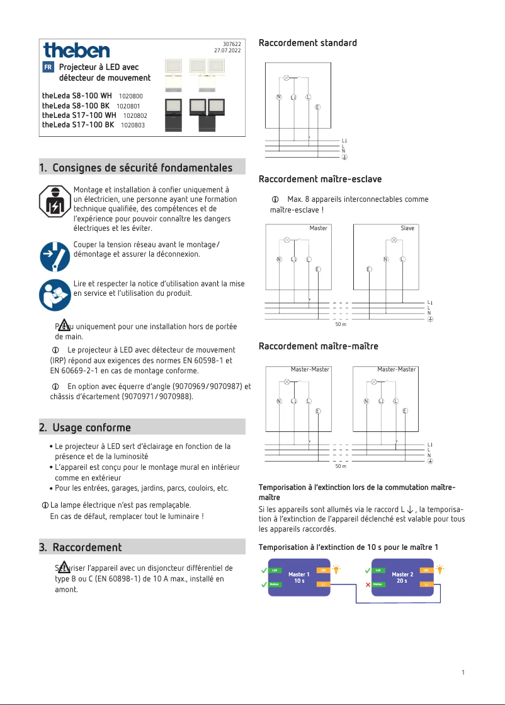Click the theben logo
point(76,50)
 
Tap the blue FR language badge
point(48,67)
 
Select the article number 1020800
point(130,96)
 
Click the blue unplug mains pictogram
point(55,255)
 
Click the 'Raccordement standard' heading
point(307,43)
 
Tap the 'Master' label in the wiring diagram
point(318,228)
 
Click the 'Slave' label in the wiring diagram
point(407,228)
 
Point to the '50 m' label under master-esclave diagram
point(340,325)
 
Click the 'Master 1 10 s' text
point(298,578)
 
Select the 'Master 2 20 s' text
point(402,578)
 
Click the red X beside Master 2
point(368,585)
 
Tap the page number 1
point(463,673)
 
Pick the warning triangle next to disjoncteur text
point(63,565)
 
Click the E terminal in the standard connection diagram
point(317,107)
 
